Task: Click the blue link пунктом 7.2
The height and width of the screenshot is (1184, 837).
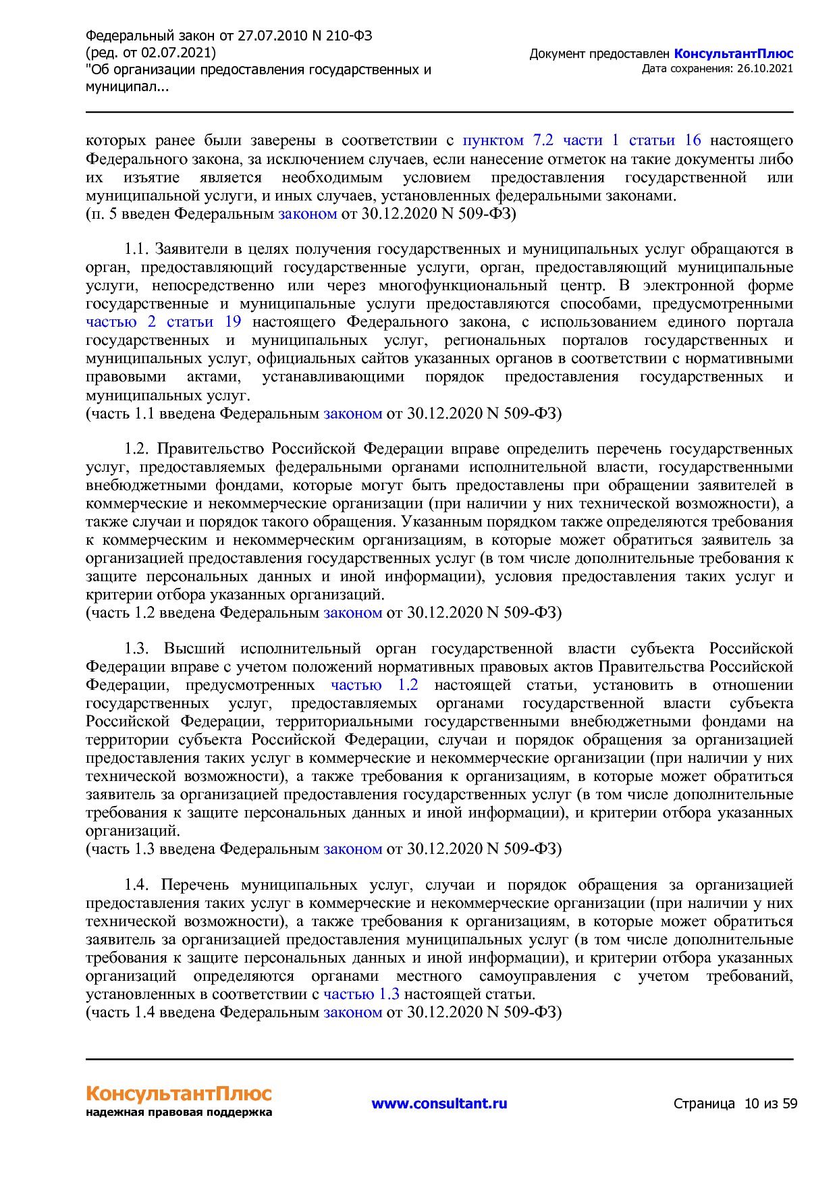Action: [x=508, y=140]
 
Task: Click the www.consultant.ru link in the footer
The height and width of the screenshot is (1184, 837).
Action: [x=439, y=1104]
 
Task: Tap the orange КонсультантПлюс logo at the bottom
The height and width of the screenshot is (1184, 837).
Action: [x=178, y=1093]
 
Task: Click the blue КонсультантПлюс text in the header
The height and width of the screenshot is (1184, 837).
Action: [x=733, y=54]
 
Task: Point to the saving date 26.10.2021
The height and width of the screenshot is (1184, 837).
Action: [x=765, y=68]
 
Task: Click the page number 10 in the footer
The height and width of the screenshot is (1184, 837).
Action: [x=751, y=1104]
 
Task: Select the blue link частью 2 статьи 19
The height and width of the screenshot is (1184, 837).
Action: [x=163, y=322]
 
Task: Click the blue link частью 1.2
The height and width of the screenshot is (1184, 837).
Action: [x=375, y=685]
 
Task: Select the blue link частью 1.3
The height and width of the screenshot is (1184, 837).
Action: [x=361, y=994]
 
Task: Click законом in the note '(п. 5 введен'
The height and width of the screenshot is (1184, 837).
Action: [x=307, y=214]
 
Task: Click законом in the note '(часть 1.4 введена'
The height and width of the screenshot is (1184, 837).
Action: [x=352, y=1013]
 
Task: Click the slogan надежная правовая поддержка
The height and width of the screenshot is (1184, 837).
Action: [x=178, y=1112]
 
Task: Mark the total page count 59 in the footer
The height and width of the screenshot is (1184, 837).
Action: [x=790, y=1104]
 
